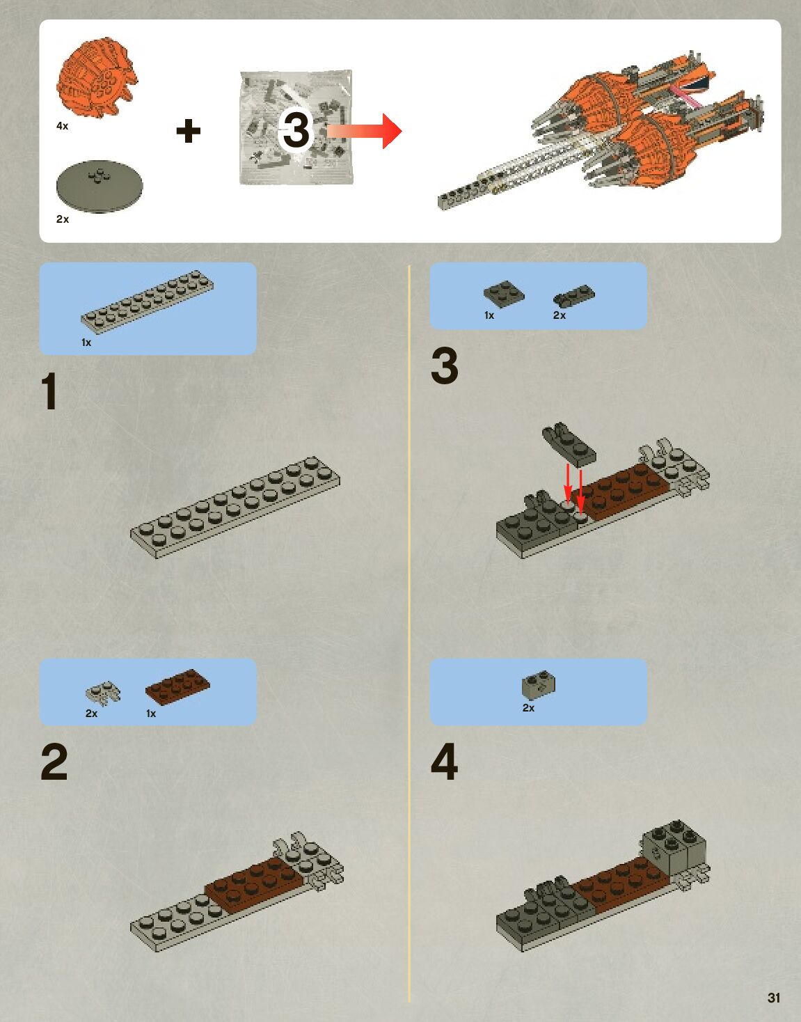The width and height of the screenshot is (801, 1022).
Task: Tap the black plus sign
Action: coord(188,130)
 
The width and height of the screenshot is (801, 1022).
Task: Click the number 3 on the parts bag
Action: coord(296,130)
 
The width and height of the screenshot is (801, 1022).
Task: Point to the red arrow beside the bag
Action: coord(365,130)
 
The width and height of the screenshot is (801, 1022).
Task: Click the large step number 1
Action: coord(49,391)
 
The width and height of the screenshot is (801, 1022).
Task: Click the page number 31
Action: coord(774,998)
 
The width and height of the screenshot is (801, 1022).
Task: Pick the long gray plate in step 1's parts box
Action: coord(148,301)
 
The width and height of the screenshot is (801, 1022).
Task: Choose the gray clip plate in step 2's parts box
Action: coord(103,692)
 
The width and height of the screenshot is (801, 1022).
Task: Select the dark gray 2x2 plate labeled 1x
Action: coord(504,292)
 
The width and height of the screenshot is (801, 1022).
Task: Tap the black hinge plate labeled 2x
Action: coord(574,297)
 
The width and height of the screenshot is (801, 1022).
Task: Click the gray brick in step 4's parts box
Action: coord(538,686)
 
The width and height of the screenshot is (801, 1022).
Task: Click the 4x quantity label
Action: coord(63,126)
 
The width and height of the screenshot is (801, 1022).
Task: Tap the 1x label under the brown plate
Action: coord(151,714)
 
